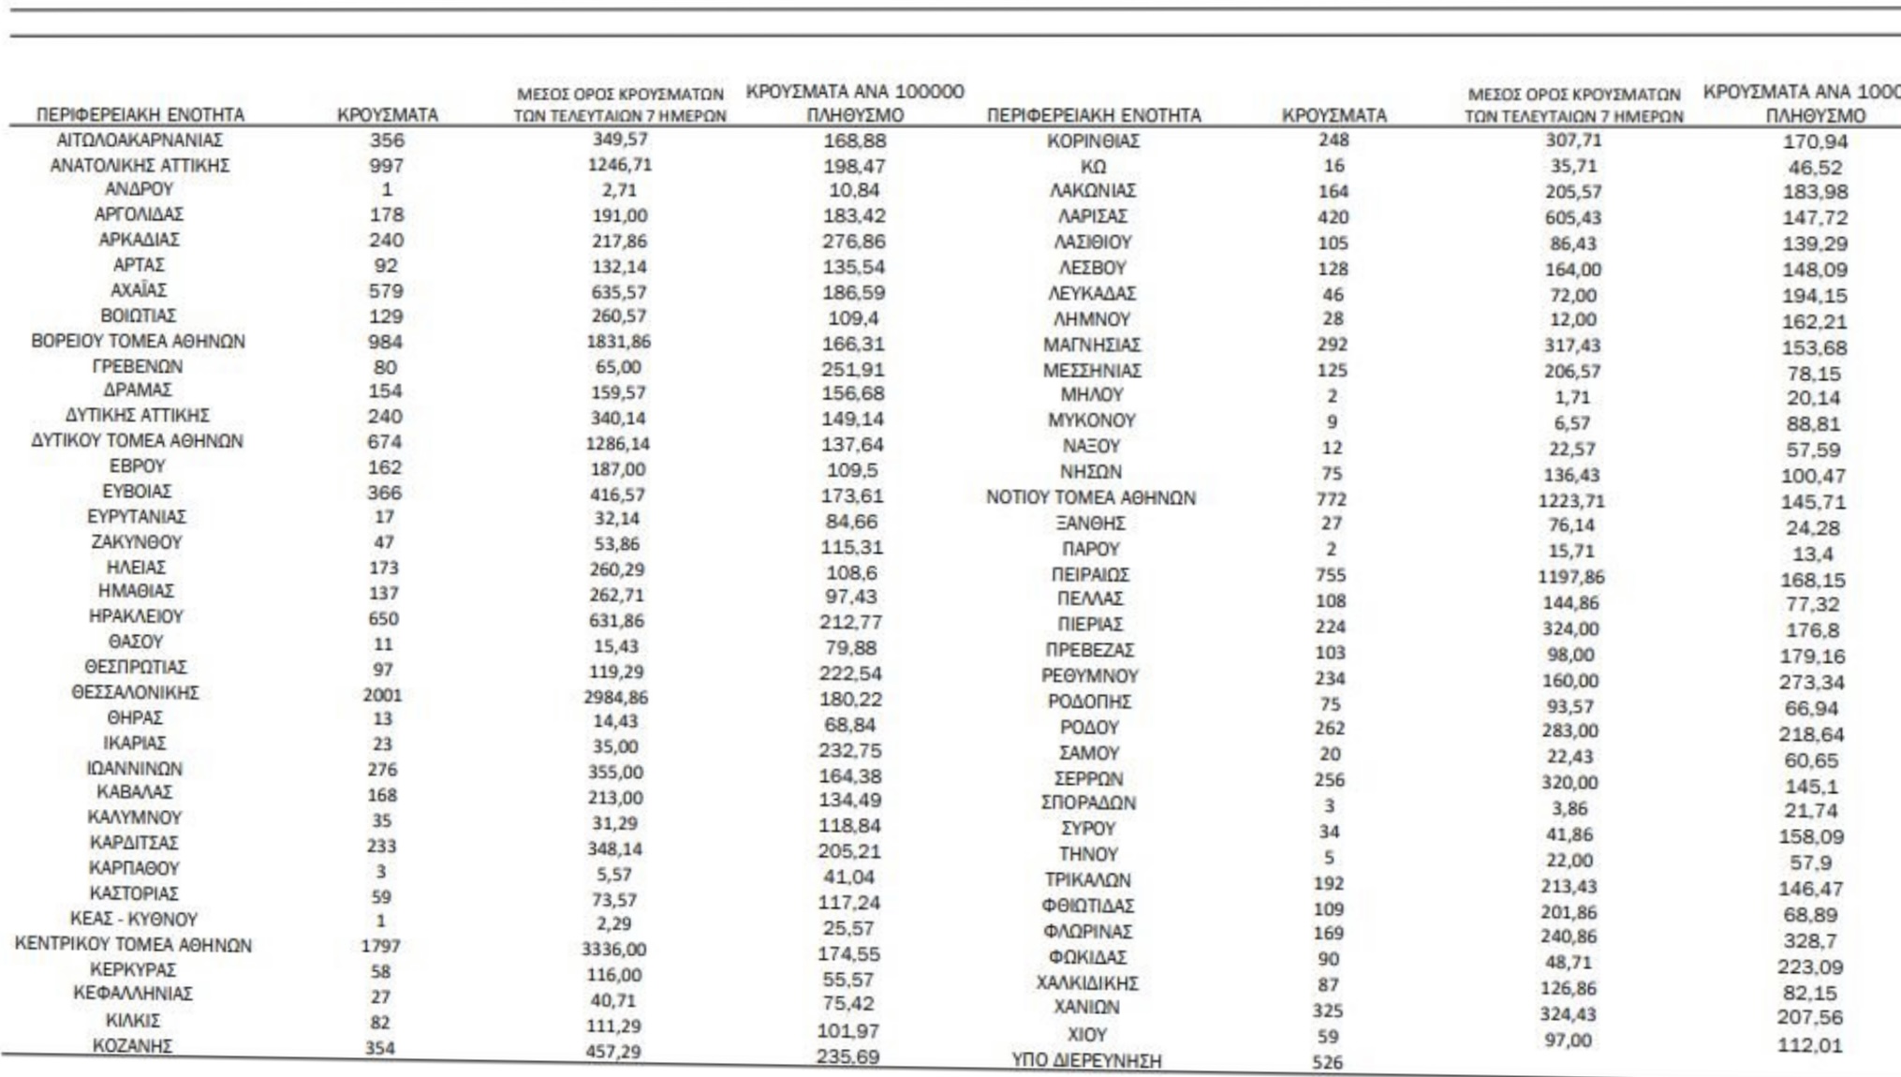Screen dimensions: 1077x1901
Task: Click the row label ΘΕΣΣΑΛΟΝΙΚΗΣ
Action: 136,693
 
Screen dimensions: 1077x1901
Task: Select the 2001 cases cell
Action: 382,695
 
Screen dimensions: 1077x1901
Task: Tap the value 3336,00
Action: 613,950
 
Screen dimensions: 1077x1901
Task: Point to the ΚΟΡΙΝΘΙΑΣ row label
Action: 1093,141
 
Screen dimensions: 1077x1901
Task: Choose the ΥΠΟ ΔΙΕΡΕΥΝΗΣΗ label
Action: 1086,1061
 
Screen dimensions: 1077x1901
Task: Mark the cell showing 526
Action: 1328,1063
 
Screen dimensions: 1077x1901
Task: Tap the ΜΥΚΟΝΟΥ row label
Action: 1091,420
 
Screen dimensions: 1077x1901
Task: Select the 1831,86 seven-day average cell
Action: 619,342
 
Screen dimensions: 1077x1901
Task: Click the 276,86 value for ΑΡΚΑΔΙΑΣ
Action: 853,242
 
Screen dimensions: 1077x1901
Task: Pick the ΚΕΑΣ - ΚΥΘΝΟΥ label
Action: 134,920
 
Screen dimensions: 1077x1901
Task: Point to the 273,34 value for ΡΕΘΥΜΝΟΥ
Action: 1811,683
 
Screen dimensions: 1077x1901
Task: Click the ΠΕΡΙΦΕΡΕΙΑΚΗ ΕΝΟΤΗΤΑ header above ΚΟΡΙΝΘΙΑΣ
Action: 1094,115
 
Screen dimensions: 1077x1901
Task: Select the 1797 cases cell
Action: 380,947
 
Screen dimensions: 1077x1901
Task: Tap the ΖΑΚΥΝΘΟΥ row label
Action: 137,542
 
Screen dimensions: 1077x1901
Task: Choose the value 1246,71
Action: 619,165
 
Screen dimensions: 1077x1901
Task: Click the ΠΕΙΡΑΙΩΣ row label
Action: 1090,574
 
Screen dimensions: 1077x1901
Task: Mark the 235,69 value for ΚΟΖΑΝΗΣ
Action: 847,1056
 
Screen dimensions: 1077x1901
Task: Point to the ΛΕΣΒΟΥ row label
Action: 1092,268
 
